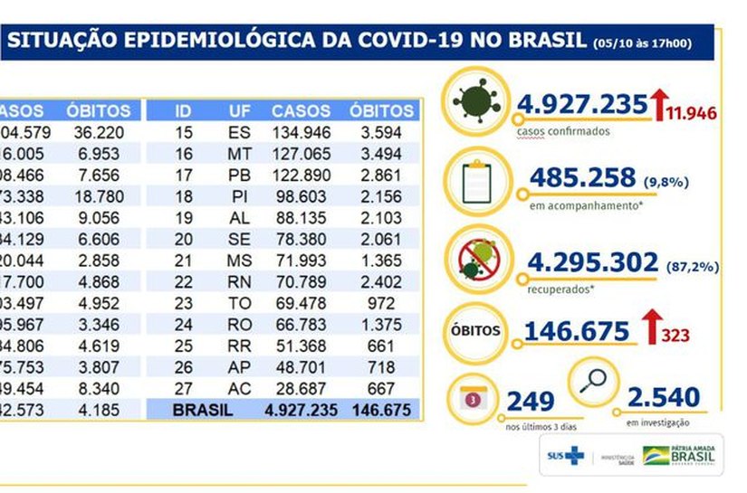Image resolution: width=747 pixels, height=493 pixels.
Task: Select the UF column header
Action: click(240, 111)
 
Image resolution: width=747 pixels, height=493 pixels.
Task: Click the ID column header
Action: click(183, 111)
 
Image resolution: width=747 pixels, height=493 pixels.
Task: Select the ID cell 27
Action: click(183, 389)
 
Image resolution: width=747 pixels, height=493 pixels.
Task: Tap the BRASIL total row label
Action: click(203, 409)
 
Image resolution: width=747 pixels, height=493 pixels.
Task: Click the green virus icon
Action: click(476, 103)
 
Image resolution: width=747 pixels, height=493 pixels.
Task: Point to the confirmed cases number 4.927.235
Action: click(582, 103)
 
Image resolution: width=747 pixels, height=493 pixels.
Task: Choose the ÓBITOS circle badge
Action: click(476, 330)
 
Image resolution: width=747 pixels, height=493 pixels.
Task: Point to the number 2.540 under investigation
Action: click(662, 396)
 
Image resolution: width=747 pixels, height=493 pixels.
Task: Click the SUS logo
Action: click(563, 456)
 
